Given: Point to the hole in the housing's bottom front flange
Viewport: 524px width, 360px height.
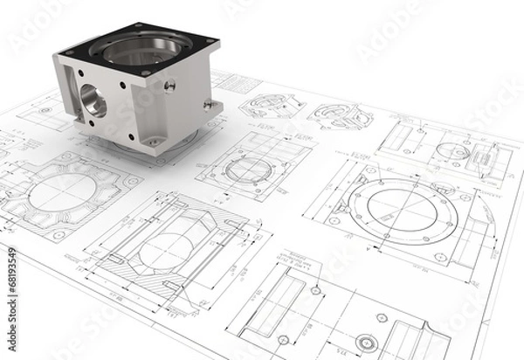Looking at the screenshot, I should (154, 140).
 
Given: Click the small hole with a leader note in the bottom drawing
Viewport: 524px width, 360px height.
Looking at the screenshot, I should (314, 289).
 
